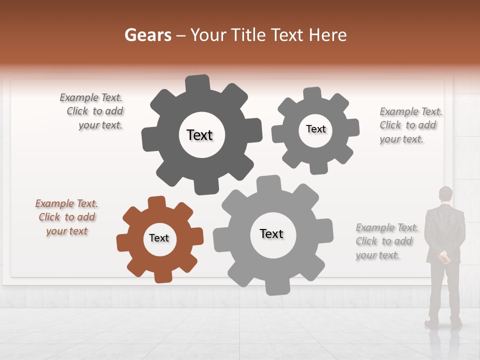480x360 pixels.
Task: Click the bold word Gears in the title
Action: (148, 35)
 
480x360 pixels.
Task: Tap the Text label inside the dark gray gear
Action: (199, 135)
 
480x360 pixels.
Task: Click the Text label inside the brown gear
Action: (159, 238)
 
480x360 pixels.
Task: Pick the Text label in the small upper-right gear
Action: (315, 129)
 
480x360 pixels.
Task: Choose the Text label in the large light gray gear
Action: (271, 233)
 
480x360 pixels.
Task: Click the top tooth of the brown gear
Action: (156, 202)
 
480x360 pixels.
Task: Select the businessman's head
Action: (445, 194)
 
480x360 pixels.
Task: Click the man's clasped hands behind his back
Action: (443, 257)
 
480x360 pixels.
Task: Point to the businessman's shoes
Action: (442, 323)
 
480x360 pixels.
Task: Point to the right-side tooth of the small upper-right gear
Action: (352, 127)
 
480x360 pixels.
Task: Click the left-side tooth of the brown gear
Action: (122, 242)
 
